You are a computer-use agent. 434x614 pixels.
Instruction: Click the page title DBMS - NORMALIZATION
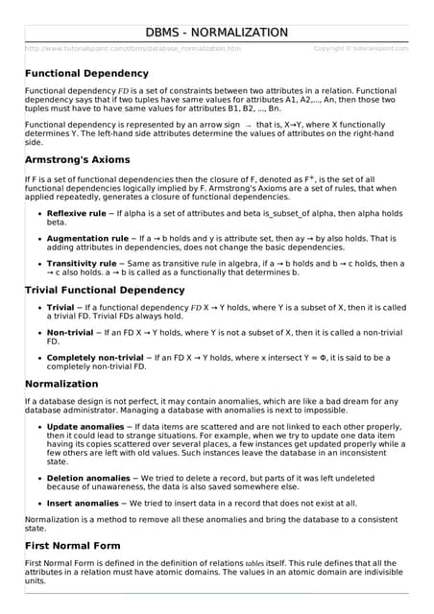click(x=216, y=33)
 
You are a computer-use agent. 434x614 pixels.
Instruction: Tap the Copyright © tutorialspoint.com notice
click(x=361, y=48)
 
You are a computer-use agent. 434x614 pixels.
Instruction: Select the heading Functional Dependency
click(x=86, y=73)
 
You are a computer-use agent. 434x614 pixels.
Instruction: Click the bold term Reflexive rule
click(x=77, y=213)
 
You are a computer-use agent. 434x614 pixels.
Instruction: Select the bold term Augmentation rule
click(x=87, y=238)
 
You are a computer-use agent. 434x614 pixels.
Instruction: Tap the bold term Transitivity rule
click(x=84, y=263)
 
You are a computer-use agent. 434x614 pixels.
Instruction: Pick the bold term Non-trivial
click(x=70, y=332)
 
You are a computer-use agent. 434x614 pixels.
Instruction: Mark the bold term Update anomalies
click(x=85, y=426)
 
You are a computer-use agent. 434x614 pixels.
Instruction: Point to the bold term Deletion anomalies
click(x=87, y=477)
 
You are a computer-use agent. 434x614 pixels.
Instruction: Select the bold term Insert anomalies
click(x=83, y=502)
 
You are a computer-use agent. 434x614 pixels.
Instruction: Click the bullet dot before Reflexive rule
click(x=37, y=214)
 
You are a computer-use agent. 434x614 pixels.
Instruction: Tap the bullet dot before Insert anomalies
click(x=37, y=503)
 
